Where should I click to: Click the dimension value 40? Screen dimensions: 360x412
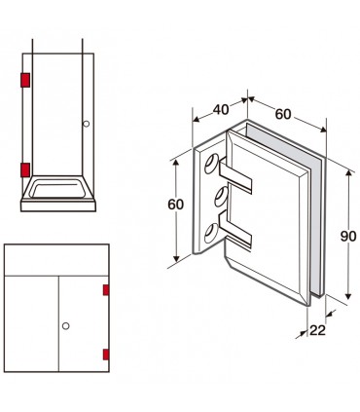[x=221, y=110]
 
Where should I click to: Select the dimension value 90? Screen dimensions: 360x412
[x=348, y=236]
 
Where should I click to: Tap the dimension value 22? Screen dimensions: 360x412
[x=317, y=330]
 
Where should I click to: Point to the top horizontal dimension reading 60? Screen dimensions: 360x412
[x=283, y=114]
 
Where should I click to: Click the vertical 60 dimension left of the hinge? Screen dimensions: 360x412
[x=176, y=205]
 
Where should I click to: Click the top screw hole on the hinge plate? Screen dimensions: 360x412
[x=211, y=164]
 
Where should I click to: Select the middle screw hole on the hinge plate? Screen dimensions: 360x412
[x=222, y=197]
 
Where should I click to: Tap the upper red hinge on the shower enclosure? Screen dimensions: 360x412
[x=25, y=80]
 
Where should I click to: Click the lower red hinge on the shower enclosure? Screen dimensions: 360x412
[x=25, y=169]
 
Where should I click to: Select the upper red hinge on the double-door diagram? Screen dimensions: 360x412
[x=106, y=290]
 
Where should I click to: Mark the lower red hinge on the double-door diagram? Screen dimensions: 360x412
[x=106, y=355]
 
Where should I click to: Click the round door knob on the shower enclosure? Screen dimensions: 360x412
[x=87, y=124]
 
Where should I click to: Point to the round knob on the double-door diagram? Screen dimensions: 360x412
[x=66, y=326]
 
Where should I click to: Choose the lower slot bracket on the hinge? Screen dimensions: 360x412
[x=235, y=230]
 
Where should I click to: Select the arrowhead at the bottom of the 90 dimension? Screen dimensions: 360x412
[x=348, y=296]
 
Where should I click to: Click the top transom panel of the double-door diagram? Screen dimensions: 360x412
[x=56, y=260]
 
